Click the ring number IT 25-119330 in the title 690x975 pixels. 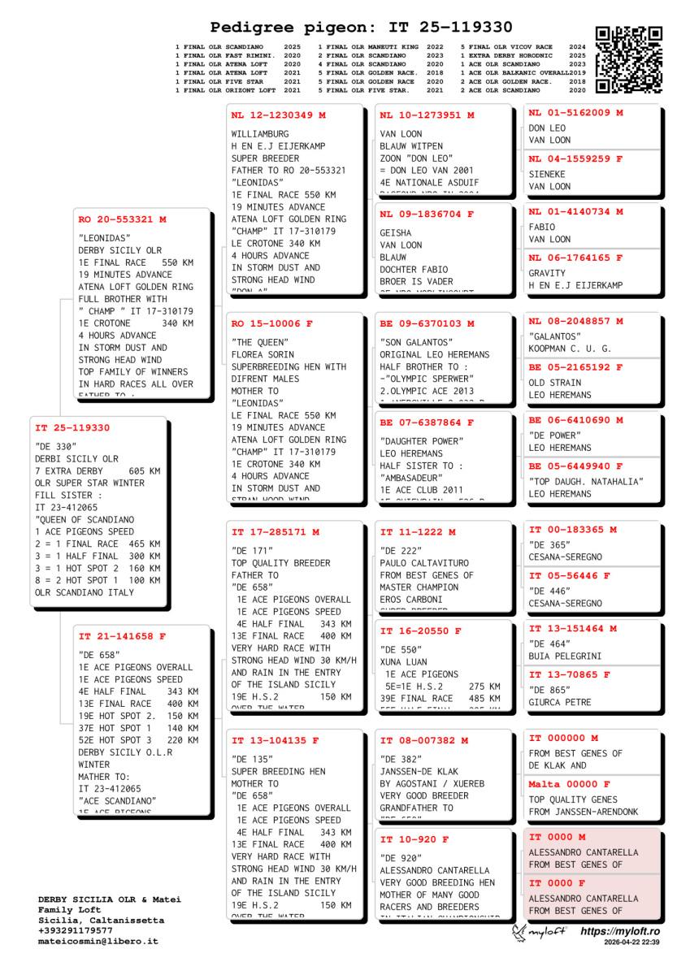tap(436, 27)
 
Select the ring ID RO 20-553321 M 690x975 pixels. tap(122, 219)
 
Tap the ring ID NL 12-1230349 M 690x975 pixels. tap(278, 115)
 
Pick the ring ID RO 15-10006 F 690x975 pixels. tap(271, 323)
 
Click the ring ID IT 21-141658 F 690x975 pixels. tap(122, 636)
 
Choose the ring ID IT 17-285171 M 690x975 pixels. tap(275, 532)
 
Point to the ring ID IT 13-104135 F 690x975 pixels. tap(275, 741)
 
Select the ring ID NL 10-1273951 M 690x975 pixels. tap(427, 115)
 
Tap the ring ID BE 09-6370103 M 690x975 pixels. tap(427, 323)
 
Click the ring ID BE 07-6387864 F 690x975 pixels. tap(427, 422)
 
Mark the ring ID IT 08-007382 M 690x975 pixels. tap(424, 741)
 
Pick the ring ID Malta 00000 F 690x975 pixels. tap(569, 784)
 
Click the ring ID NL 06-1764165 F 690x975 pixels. tap(575, 258)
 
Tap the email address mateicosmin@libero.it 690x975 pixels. tap(98, 942)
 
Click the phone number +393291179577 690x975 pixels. tap(78, 931)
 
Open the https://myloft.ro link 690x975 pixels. tap(620, 931)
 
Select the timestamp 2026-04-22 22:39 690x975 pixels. tap(631, 942)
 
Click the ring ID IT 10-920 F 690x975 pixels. tap(414, 839)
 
